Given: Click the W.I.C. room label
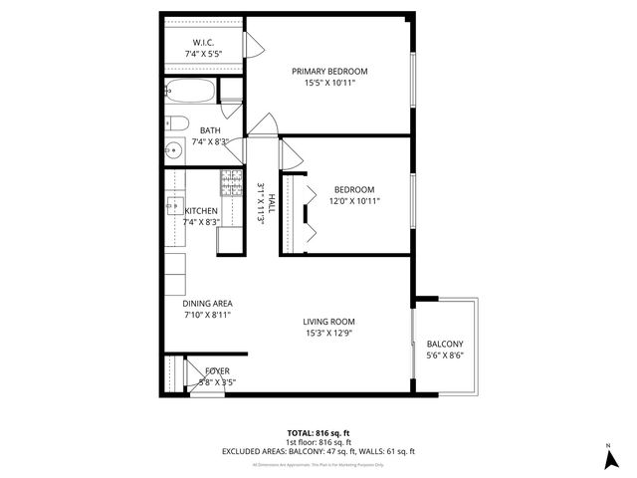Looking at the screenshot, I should [203, 43].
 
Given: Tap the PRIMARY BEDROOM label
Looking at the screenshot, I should [329, 71].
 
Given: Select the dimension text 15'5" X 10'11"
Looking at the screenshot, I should [329, 83].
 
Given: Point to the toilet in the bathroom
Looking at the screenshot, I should [176, 124].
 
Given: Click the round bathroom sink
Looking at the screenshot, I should [170, 150].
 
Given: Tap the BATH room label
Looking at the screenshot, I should [210, 130].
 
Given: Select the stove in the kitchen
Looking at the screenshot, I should [231, 182].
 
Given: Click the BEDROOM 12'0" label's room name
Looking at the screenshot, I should [353, 189].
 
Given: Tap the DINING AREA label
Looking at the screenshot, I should [207, 303].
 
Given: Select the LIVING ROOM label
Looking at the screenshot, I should [328, 321].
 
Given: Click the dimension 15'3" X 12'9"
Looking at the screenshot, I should [328, 333].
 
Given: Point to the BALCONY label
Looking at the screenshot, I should [445, 344].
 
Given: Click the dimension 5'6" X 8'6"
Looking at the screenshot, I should [445, 356].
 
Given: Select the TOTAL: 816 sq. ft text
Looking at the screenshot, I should [318, 433].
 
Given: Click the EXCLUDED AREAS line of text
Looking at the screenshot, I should [318, 451].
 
